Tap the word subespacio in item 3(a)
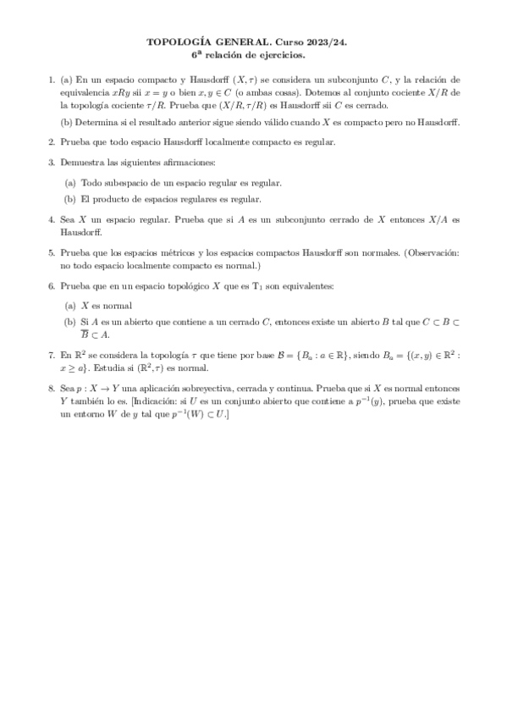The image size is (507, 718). (x=119, y=183)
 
